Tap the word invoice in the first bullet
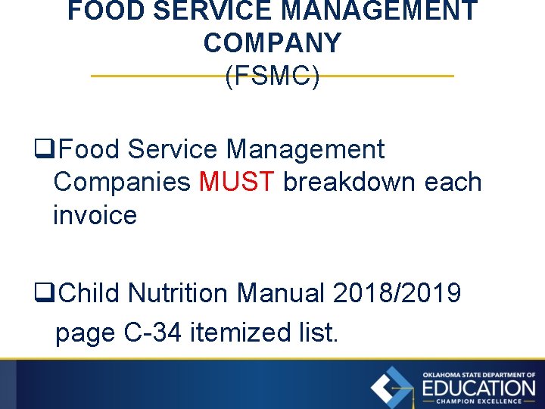coord(95,216)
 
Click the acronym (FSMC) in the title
coord(272,76)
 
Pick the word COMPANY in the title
coord(272,43)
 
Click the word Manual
coord(285,292)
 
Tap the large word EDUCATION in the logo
coord(479,388)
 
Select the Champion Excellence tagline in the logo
coord(479,401)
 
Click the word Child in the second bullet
coord(89,292)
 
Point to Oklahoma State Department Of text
coord(479,375)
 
